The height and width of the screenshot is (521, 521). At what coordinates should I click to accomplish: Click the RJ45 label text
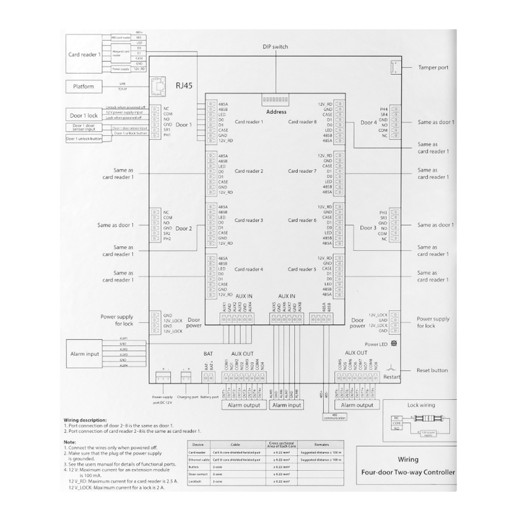pyautogui.click(x=184, y=86)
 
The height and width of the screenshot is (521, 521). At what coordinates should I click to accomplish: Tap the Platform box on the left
pyautogui.click(x=83, y=86)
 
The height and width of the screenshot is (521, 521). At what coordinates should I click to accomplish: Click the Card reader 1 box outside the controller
pyautogui.click(x=84, y=54)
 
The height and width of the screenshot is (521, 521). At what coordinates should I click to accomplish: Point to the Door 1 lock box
pyautogui.click(x=84, y=115)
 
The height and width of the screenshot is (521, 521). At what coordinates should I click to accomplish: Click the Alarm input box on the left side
pyautogui.click(x=85, y=354)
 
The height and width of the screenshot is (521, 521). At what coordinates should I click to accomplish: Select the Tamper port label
pyautogui.click(x=433, y=67)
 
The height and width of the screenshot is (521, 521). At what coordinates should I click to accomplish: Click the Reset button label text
pyautogui.click(x=432, y=370)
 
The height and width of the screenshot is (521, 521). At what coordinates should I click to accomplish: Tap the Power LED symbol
pyautogui.click(x=393, y=344)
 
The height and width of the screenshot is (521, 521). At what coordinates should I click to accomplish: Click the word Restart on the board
pyautogui.click(x=392, y=377)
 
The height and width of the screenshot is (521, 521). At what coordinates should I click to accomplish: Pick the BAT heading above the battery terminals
pyautogui.click(x=208, y=353)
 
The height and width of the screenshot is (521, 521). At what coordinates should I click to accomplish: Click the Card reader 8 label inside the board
pyautogui.click(x=302, y=122)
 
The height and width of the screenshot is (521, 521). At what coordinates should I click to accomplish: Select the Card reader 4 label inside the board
pyautogui.click(x=249, y=269)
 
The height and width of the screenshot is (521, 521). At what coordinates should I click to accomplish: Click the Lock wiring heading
pyautogui.click(x=421, y=406)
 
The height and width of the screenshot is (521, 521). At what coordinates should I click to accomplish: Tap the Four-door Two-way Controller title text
pyautogui.click(x=408, y=472)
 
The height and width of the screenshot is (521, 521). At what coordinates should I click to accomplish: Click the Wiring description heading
pyautogui.click(x=85, y=420)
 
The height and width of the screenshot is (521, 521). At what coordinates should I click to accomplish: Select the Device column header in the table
pyautogui.click(x=198, y=444)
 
